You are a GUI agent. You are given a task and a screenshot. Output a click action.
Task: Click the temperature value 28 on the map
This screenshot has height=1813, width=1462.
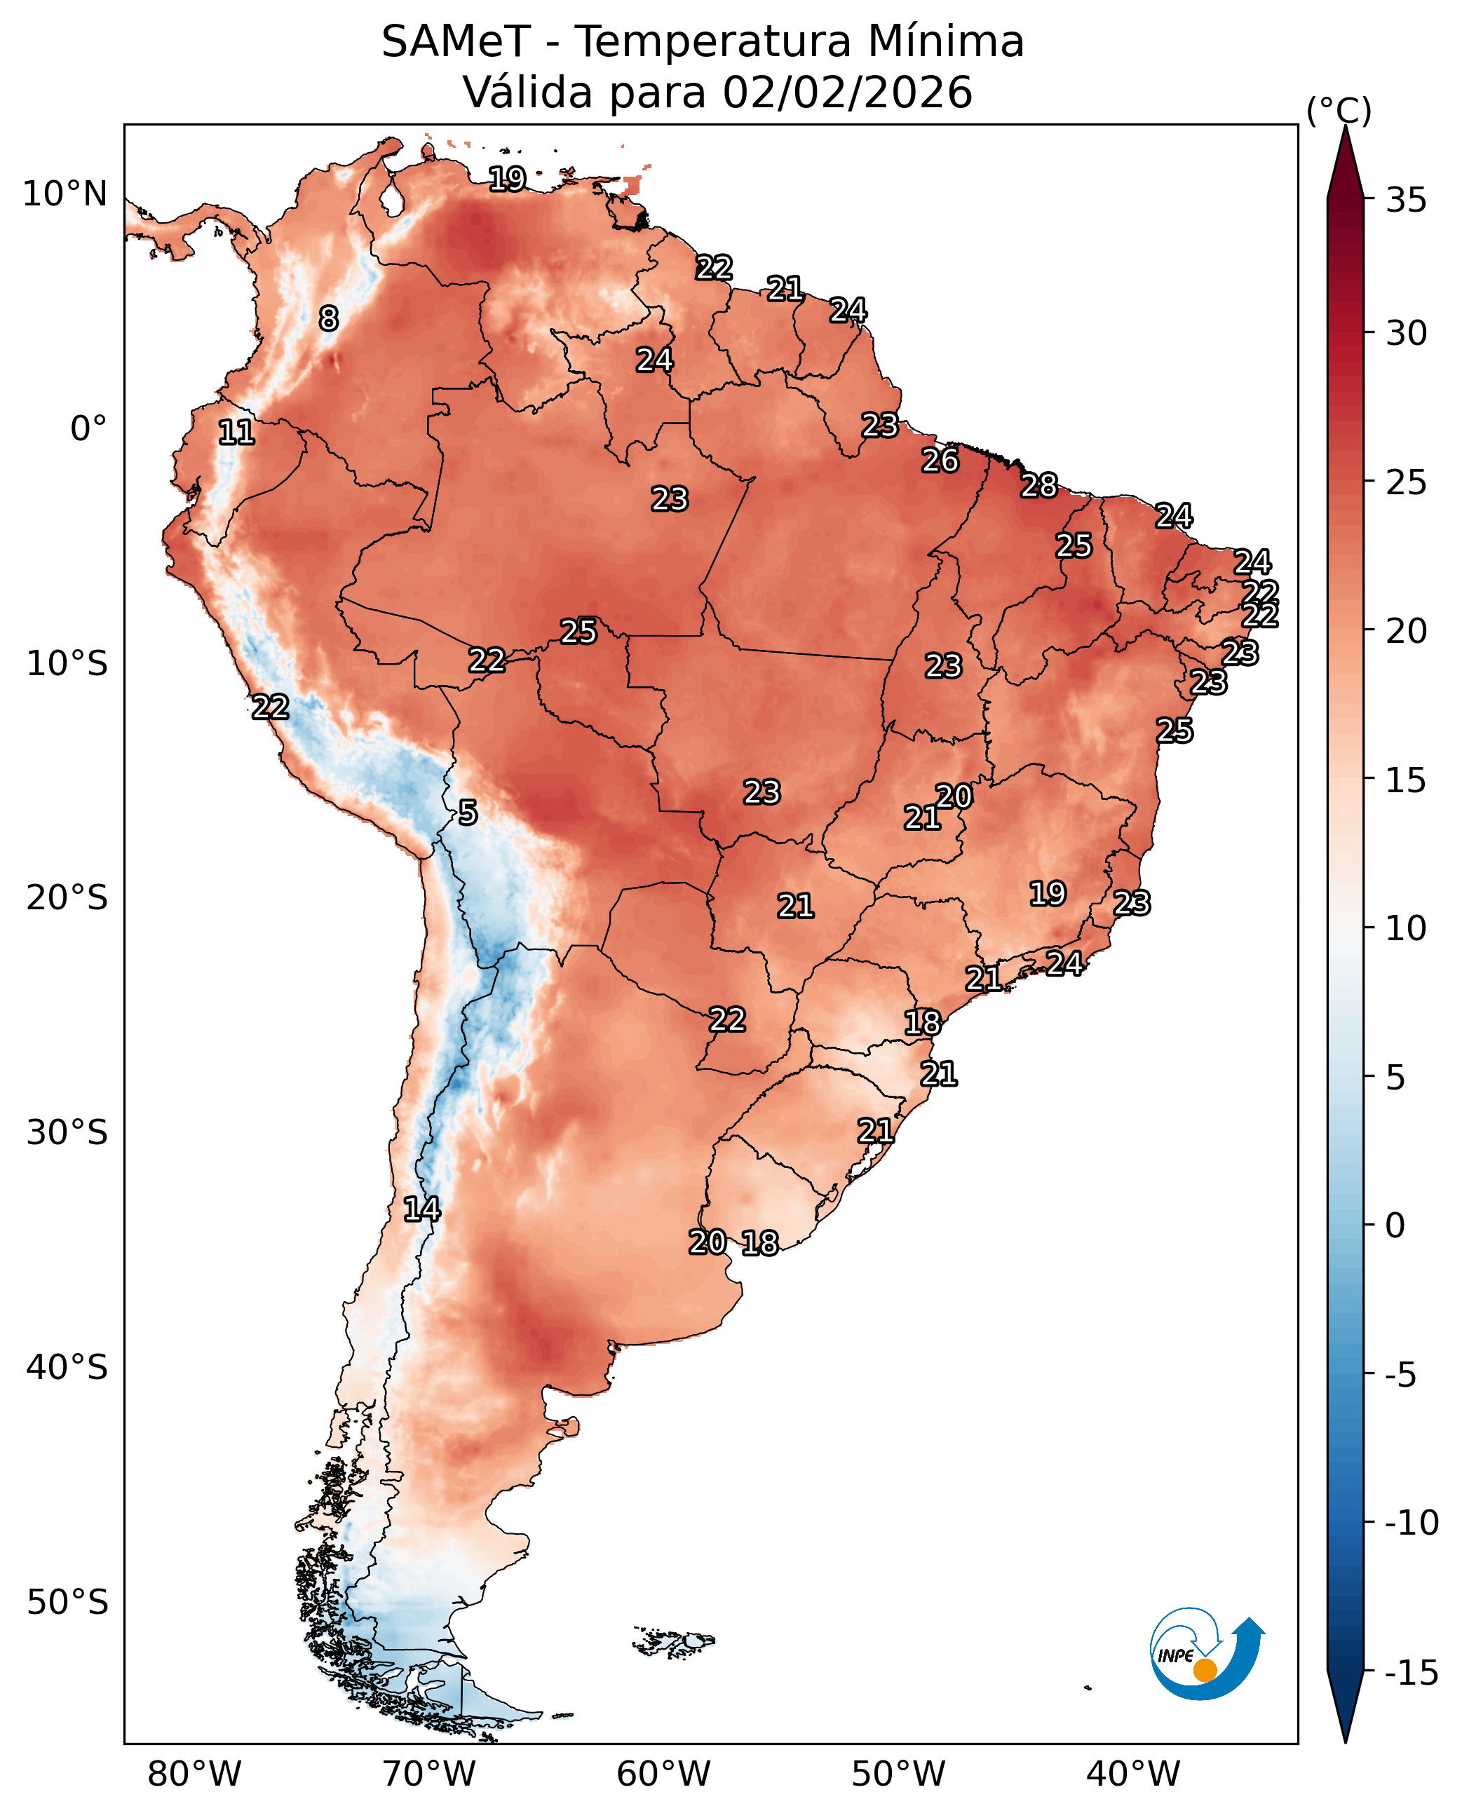tap(1039, 486)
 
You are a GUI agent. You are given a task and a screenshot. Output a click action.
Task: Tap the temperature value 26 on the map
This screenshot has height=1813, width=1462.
tap(940, 461)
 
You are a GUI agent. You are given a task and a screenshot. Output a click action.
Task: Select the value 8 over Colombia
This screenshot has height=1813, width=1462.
tap(328, 318)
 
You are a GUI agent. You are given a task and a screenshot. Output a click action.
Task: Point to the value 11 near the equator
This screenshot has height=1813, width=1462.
tap(236, 433)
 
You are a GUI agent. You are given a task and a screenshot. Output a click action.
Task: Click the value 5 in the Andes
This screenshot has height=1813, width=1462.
tap(468, 813)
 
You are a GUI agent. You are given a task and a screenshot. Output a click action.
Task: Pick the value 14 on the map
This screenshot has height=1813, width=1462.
tap(421, 1209)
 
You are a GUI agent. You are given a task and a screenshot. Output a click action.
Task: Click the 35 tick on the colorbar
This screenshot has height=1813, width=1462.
tap(1407, 201)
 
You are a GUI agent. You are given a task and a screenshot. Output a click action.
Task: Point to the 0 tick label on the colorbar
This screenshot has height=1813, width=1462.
tap(1395, 1226)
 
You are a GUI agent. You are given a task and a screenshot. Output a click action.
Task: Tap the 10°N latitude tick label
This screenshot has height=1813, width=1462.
tap(65, 194)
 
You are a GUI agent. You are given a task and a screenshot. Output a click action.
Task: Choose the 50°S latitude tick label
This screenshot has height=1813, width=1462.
tap(67, 1602)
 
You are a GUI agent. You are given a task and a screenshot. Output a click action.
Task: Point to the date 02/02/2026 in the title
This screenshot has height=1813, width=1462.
tap(847, 93)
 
